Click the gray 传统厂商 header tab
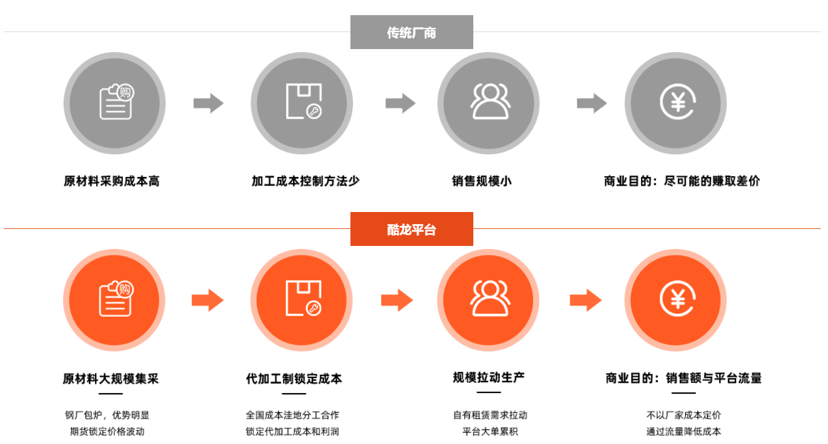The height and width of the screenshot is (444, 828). [x=412, y=33]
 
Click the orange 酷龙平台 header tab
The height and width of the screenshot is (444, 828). [x=412, y=230]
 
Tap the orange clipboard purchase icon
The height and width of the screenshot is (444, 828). [x=114, y=300]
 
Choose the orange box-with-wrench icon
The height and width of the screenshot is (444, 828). [x=302, y=300]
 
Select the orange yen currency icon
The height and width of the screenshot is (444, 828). [x=676, y=300]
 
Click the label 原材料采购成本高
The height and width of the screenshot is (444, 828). [x=111, y=181]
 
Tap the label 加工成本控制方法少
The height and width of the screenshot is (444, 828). [x=306, y=181]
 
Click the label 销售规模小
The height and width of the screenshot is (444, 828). [x=482, y=181]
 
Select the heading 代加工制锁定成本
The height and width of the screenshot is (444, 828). [x=294, y=379]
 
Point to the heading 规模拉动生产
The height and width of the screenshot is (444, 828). [x=489, y=377]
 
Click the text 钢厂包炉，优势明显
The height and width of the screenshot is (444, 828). [x=107, y=416]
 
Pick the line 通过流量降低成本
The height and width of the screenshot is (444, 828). [x=683, y=432]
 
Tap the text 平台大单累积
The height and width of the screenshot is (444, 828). [x=490, y=432]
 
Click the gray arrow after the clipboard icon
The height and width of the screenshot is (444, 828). [x=208, y=103]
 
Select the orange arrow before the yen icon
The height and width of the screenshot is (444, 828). [x=585, y=300]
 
